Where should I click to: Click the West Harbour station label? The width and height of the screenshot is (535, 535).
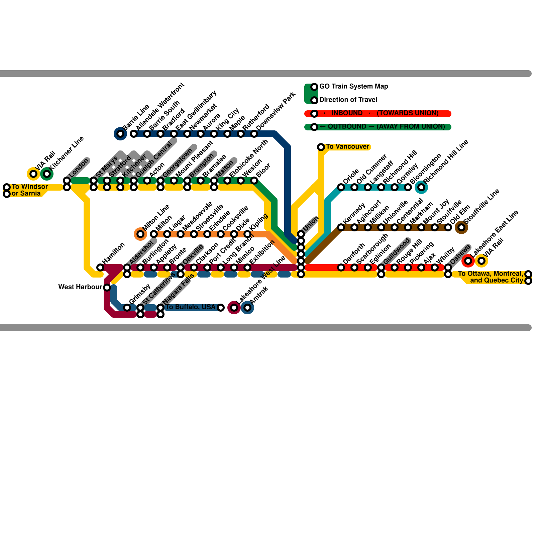(80, 287)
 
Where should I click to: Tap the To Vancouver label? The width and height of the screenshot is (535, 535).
(347, 146)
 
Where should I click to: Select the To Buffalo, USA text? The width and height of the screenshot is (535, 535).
(191, 307)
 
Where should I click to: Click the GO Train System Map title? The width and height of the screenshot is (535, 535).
(353, 86)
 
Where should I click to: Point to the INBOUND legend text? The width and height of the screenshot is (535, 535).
(347, 113)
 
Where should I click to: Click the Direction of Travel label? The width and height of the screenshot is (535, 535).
(348, 100)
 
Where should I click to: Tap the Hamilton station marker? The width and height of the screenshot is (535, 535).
(100, 267)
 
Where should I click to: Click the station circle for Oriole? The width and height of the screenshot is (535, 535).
(341, 187)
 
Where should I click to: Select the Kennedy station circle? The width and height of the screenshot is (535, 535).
(341, 227)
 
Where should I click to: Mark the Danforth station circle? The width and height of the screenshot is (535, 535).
(341, 267)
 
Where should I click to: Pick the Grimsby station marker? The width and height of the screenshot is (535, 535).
(127, 308)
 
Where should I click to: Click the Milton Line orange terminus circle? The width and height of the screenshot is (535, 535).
(140, 234)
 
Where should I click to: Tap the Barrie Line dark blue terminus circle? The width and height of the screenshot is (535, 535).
(120, 134)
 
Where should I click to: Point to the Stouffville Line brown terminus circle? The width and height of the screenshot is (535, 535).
(461, 227)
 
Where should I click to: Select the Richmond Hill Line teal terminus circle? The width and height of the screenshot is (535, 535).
(421, 187)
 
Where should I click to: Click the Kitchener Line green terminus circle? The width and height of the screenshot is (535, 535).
(46, 174)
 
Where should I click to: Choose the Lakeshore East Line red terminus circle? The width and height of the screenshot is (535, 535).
(468, 261)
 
